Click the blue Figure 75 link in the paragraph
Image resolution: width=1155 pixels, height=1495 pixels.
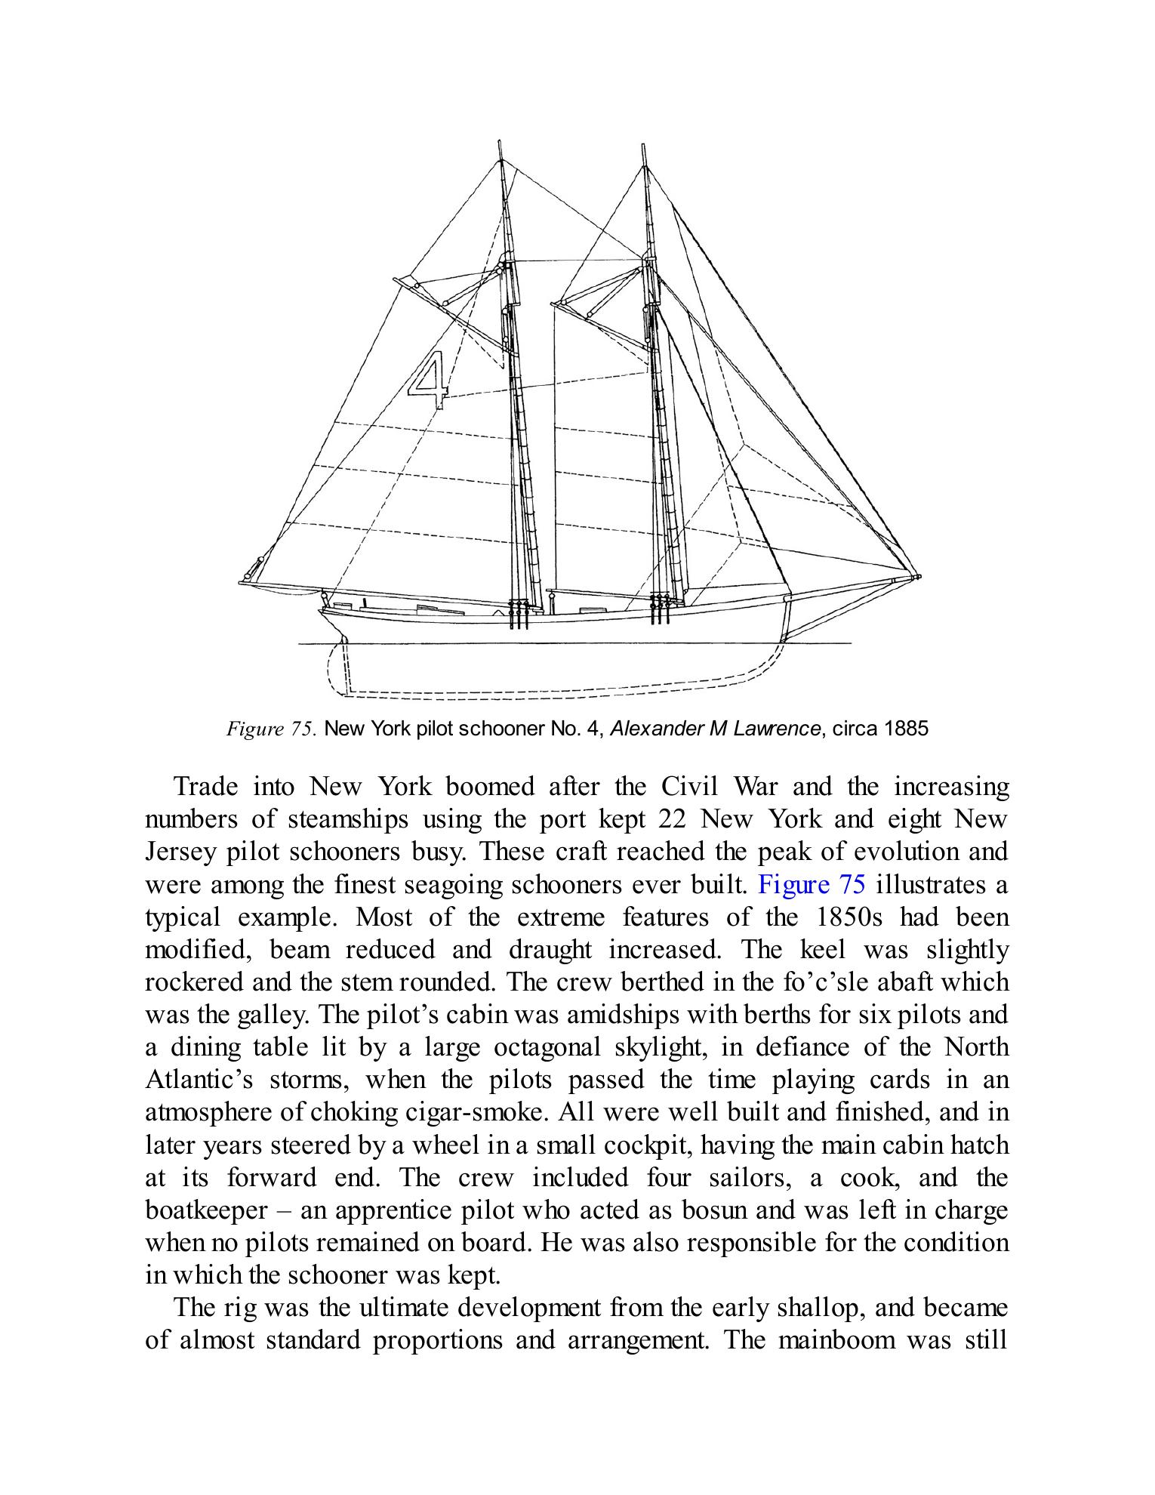coord(811,884)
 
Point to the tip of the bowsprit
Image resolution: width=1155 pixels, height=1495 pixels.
coord(918,577)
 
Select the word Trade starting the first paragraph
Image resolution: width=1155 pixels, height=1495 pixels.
coord(205,787)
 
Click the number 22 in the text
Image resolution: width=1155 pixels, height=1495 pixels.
coord(670,819)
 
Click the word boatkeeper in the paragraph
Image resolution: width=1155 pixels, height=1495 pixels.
coord(205,1210)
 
